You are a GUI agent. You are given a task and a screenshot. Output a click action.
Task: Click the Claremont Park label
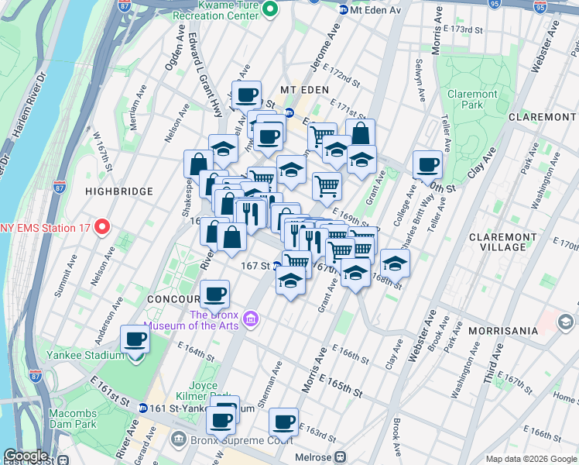(x=472, y=99)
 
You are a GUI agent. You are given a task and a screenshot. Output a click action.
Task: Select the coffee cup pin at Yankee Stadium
(x=136, y=339)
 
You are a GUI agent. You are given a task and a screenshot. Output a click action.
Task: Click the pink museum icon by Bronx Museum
(x=250, y=319)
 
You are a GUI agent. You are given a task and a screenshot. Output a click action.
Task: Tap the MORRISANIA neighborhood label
(x=502, y=331)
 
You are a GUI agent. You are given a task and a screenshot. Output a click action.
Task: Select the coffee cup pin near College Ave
(x=427, y=164)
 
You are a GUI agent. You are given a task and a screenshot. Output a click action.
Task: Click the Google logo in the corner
(x=25, y=456)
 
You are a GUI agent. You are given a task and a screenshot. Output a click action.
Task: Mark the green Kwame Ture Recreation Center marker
(x=269, y=9)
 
